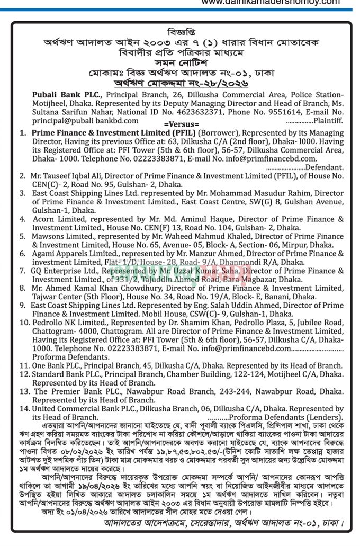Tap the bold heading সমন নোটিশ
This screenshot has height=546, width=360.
pos(179,62)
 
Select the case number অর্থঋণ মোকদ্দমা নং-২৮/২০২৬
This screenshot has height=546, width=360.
pos(179,83)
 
